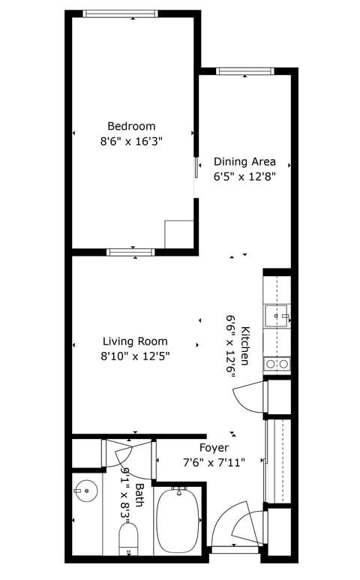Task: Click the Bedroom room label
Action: [131, 126]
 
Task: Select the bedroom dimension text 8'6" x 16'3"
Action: [131, 140]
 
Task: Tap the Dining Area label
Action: [244, 161]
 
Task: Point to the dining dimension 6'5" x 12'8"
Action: [244, 177]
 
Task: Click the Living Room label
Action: [135, 341]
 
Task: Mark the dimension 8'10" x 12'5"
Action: [135, 356]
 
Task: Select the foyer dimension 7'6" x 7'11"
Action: [224, 462]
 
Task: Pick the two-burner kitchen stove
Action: [277, 364]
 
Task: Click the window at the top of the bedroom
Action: [120, 14]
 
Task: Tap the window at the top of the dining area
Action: [244, 71]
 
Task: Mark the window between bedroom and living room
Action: [130, 252]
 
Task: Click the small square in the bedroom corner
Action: [178, 233]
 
